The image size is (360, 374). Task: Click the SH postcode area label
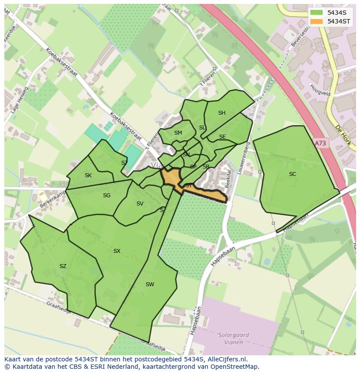[x=222, y=113]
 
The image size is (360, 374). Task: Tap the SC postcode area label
[x=293, y=174]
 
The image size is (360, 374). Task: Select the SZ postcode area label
[x=63, y=266]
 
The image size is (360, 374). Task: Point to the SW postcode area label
[x=150, y=285]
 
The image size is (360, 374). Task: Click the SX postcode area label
[x=117, y=251]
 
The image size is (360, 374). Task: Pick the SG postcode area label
[x=107, y=195]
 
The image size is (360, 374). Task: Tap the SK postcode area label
[x=88, y=175]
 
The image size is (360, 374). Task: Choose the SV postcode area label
[x=140, y=204]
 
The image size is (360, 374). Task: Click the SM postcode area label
[x=178, y=133]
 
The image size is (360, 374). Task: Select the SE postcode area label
[x=222, y=137]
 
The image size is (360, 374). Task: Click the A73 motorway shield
[x=320, y=143]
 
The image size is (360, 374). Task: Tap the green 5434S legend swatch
[x=317, y=13]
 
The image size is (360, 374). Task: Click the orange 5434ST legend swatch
[x=317, y=21]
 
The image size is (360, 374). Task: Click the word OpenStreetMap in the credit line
[x=235, y=367]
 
